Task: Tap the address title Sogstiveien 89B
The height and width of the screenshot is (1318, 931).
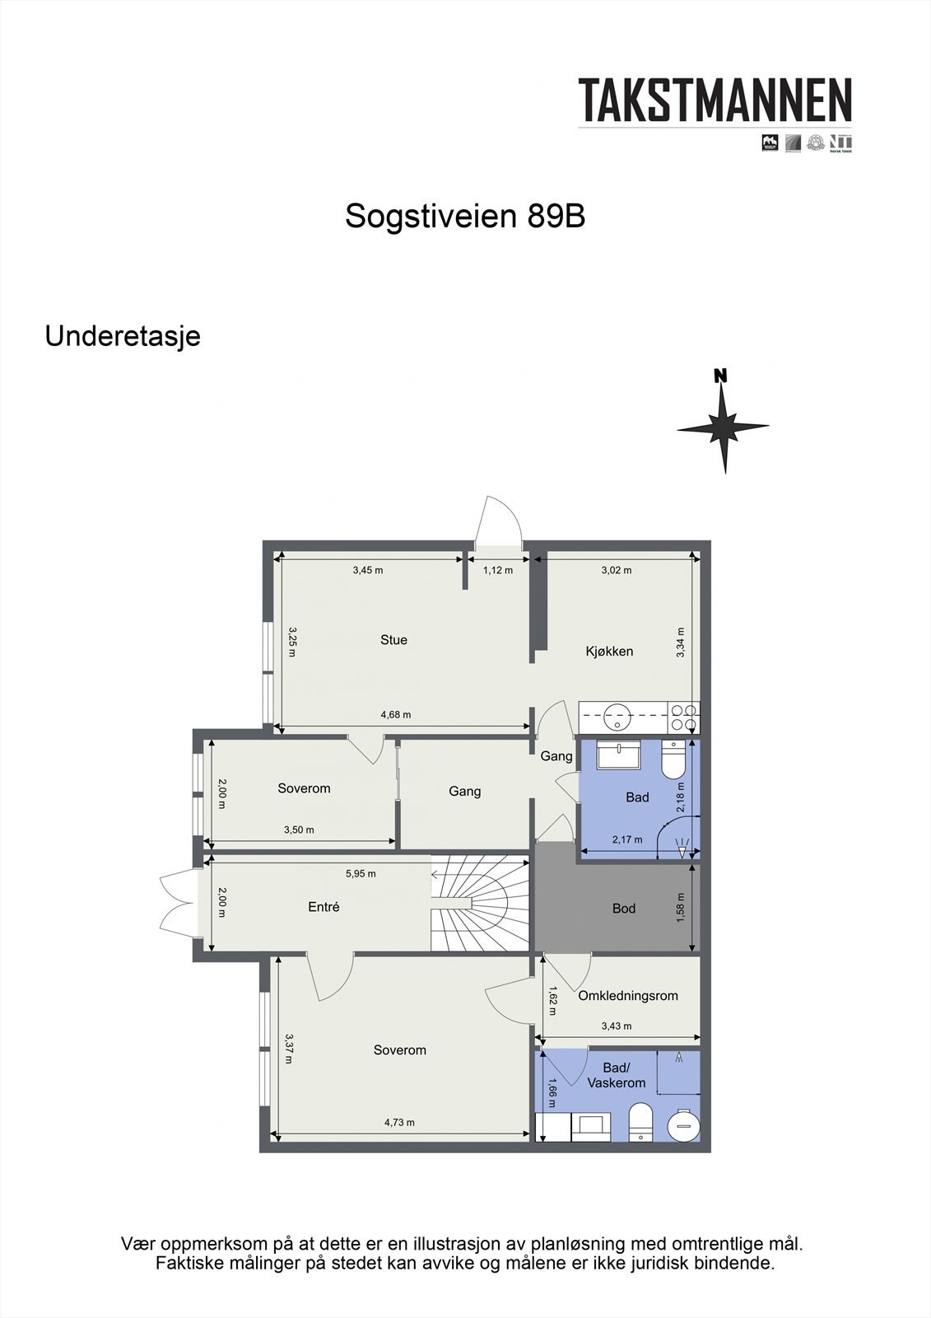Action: (465, 216)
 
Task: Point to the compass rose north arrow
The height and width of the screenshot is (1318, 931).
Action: (723, 424)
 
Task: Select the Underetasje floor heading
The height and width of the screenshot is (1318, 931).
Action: (123, 336)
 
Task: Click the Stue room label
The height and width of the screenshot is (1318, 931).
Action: (393, 640)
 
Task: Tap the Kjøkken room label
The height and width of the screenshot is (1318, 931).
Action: (609, 652)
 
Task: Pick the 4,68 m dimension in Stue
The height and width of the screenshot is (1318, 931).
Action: (395, 715)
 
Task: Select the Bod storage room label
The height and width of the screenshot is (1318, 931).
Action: (624, 909)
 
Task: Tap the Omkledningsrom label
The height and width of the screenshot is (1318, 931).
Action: (628, 996)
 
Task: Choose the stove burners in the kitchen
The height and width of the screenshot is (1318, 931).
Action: (683, 717)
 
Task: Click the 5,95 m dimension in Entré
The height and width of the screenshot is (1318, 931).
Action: (361, 873)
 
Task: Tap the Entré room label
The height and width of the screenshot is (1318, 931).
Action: (324, 907)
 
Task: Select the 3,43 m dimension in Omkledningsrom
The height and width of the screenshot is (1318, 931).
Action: (617, 1026)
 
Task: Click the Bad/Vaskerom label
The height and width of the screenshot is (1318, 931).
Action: (616, 1076)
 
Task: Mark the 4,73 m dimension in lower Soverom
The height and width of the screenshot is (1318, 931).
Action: (399, 1122)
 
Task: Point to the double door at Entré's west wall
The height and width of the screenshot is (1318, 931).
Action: (177, 904)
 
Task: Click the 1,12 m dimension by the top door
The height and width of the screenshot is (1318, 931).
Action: (497, 570)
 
